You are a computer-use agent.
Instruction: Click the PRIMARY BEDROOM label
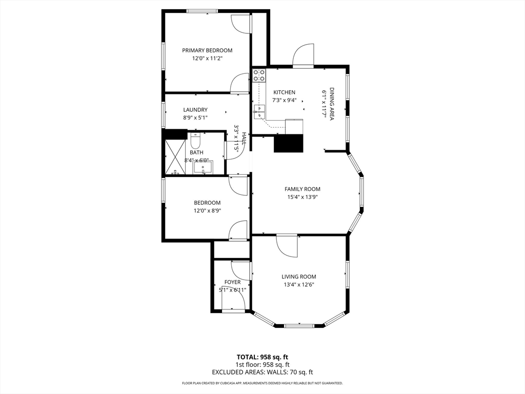pos(207,50)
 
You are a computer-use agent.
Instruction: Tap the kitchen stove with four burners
pos(259,76)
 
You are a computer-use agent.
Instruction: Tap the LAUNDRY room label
pos(195,110)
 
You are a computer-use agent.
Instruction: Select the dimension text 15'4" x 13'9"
pos(302,197)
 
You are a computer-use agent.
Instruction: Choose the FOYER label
pos(232,282)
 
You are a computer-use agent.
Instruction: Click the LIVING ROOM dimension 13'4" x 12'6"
pos(298,285)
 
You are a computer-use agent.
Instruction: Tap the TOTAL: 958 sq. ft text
pos(262,357)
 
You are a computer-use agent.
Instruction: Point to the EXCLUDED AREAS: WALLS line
pos(262,372)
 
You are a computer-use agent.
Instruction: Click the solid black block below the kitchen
pos(289,143)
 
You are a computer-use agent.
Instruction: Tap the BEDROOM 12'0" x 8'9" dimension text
pos(207,211)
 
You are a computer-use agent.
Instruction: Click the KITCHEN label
pos(284,92)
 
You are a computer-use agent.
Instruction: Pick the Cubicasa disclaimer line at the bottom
pos(262,383)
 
